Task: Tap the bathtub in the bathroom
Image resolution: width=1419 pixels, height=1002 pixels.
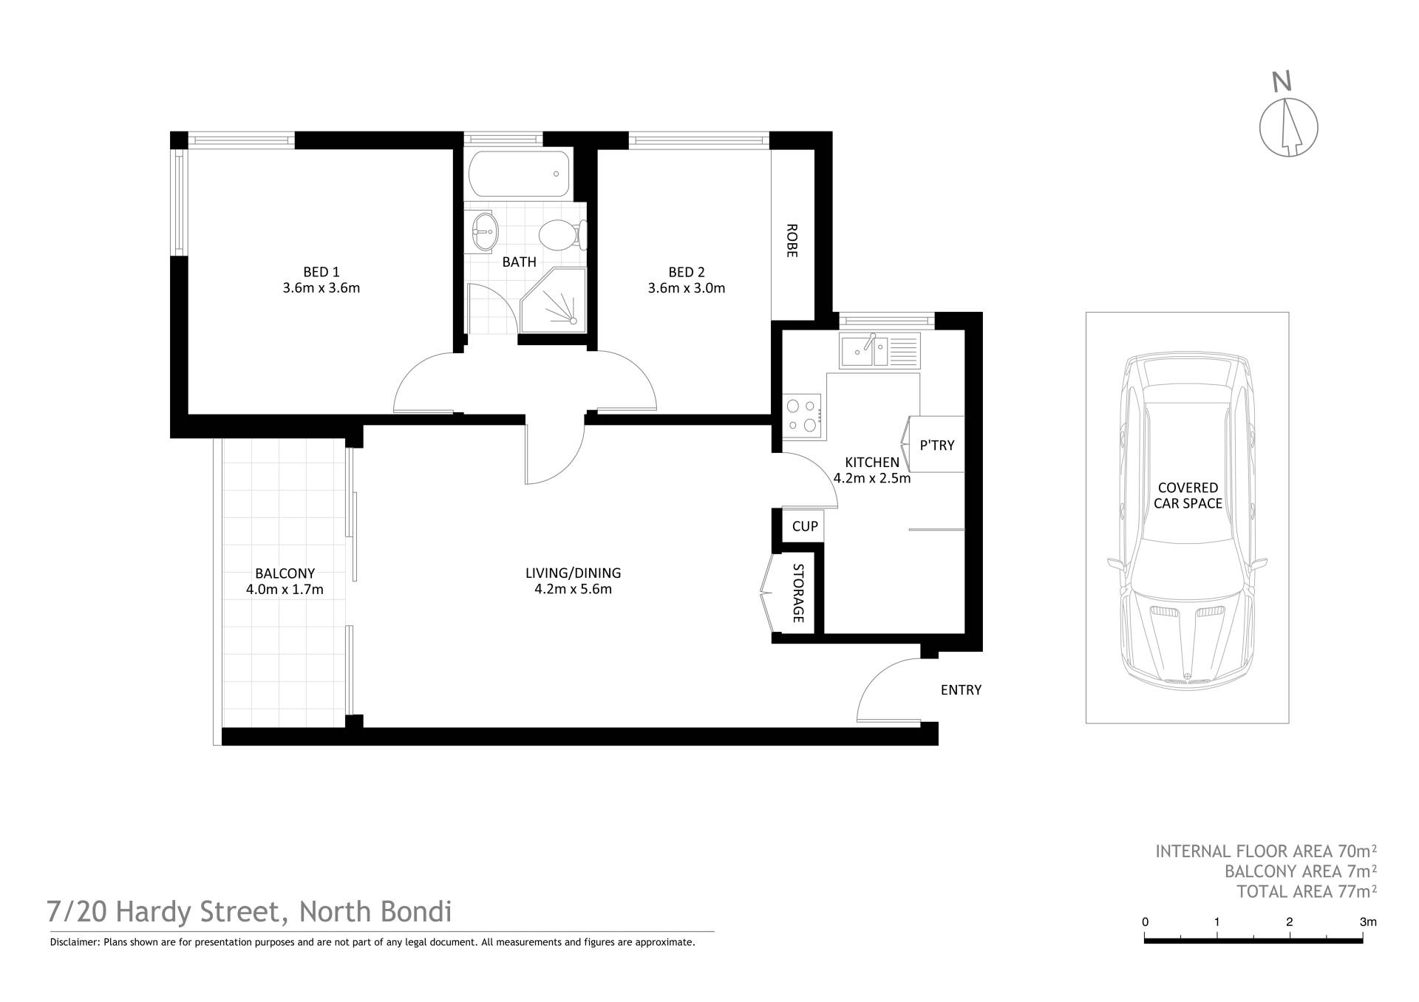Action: [520, 174]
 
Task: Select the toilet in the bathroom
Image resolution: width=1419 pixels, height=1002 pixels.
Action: [562, 236]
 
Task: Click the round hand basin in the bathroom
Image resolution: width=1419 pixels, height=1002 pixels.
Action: [484, 232]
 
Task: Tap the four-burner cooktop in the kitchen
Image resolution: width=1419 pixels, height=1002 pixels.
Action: [803, 415]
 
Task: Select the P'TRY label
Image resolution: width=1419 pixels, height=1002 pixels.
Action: [937, 446]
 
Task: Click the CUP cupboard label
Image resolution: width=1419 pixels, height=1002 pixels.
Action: [805, 526]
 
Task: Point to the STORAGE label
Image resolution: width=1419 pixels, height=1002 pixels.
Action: [798, 593]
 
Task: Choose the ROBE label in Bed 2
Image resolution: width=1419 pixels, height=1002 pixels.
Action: [792, 241]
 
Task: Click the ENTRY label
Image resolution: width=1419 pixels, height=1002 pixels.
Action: [961, 690]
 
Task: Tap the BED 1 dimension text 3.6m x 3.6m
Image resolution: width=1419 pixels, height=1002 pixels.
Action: [321, 288]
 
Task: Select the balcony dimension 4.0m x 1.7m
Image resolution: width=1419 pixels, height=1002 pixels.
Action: [285, 590]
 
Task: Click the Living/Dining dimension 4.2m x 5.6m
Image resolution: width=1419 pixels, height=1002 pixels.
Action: [574, 590]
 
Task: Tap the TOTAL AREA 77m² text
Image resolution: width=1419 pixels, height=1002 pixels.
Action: [1307, 892]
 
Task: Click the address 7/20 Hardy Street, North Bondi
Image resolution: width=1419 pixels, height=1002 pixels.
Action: [249, 913]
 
